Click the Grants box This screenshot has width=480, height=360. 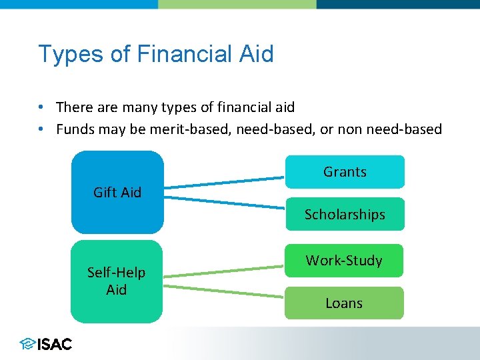point(345,172)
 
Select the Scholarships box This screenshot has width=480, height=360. point(345,214)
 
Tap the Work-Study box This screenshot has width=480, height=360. point(344,260)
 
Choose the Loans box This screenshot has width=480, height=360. point(344,303)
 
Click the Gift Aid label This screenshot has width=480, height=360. point(117,193)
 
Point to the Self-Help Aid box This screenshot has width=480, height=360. point(117,281)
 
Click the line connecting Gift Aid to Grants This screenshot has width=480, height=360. point(224,182)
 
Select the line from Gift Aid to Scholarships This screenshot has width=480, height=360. point(224,203)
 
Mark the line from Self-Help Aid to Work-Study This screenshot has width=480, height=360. point(224,271)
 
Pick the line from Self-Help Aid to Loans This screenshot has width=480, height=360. point(224,291)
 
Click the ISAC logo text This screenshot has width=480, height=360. point(55,344)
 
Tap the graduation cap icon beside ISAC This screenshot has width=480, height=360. point(27,344)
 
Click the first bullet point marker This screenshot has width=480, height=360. point(41,107)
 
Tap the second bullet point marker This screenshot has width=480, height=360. point(41,129)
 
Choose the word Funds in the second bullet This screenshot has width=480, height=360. point(75,129)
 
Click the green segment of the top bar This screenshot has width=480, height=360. point(237,4)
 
